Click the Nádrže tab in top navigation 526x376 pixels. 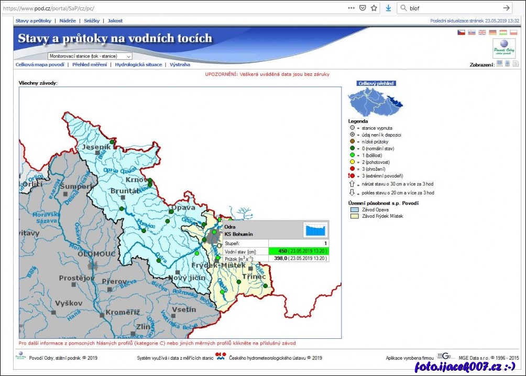[x=68, y=20]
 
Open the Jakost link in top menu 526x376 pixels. [x=115, y=20]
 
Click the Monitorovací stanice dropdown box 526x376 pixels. [x=90, y=56]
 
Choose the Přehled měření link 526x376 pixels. [x=90, y=64]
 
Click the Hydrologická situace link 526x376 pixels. [x=138, y=64]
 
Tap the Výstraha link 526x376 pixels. [x=180, y=64]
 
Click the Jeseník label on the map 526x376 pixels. [x=95, y=147]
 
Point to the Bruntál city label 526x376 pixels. [x=125, y=191]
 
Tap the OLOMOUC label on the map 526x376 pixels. [x=96, y=253]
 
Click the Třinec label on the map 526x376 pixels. [x=254, y=276]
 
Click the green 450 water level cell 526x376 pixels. [x=299, y=251]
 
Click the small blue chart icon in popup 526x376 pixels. [x=315, y=230]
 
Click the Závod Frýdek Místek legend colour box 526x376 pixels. [x=353, y=216]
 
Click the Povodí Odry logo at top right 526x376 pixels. [x=503, y=48]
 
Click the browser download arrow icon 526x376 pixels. [x=388, y=8]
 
